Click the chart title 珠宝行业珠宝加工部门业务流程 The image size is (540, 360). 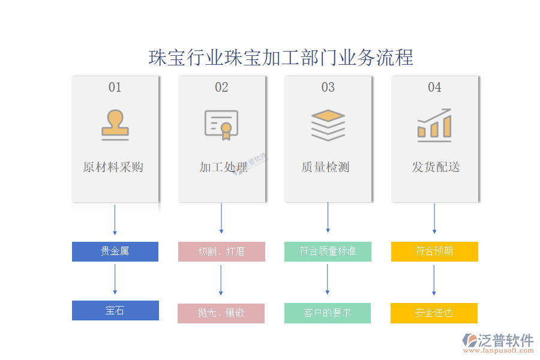pos(281,58)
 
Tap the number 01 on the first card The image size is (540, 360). pos(115,88)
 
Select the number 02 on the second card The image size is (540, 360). pos(221,88)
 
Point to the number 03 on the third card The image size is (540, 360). pos(328,88)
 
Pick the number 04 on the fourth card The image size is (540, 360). pos(434,88)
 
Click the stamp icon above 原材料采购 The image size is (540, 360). pos(115,125)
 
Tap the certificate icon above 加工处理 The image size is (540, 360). pos(221,125)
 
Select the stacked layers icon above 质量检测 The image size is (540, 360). pos(328,125)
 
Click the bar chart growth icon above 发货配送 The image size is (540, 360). pos(434,125)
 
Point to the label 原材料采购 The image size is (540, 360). pos(113,167)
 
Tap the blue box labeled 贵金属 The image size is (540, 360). pos(115,251)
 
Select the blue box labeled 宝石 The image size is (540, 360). pos(115,310)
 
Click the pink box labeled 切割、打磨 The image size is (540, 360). pos(221,251)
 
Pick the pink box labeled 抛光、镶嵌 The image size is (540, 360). pos(221,313)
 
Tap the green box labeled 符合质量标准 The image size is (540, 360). pos(328,251)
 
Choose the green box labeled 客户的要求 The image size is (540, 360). pos(328,313)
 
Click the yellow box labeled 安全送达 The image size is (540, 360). pos(434,313)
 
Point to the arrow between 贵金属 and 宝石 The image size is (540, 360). pos(115,280)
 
